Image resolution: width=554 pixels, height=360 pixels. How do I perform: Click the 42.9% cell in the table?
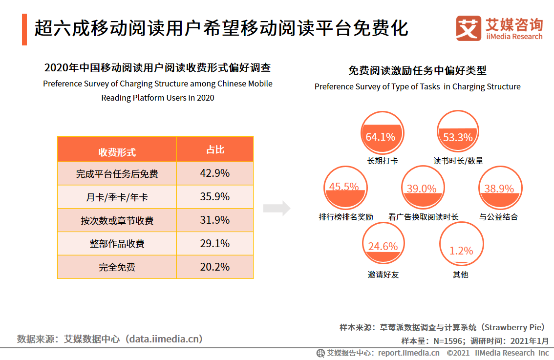(215, 173)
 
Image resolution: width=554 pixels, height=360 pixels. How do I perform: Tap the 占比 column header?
(215, 149)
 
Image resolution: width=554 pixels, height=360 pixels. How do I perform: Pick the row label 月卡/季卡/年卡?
(117, 197)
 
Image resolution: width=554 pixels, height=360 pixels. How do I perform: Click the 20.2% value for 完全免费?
(215, 267)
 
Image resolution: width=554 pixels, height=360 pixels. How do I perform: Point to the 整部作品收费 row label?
(117, 244)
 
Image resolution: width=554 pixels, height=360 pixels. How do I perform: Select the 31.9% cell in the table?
(215, 220)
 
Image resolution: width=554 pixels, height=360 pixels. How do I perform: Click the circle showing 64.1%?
(381, 132)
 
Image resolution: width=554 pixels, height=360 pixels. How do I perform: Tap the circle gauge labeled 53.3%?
(458, 132)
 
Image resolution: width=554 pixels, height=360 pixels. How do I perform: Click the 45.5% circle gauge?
(345, 188)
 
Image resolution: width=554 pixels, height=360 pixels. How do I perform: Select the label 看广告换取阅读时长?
(423, 217)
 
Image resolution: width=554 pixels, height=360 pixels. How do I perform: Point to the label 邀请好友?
(383, 275)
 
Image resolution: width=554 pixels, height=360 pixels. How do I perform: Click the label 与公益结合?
(498, 217)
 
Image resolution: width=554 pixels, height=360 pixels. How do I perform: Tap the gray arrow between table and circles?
(277, 209)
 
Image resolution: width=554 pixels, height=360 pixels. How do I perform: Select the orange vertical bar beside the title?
(24, 29)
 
